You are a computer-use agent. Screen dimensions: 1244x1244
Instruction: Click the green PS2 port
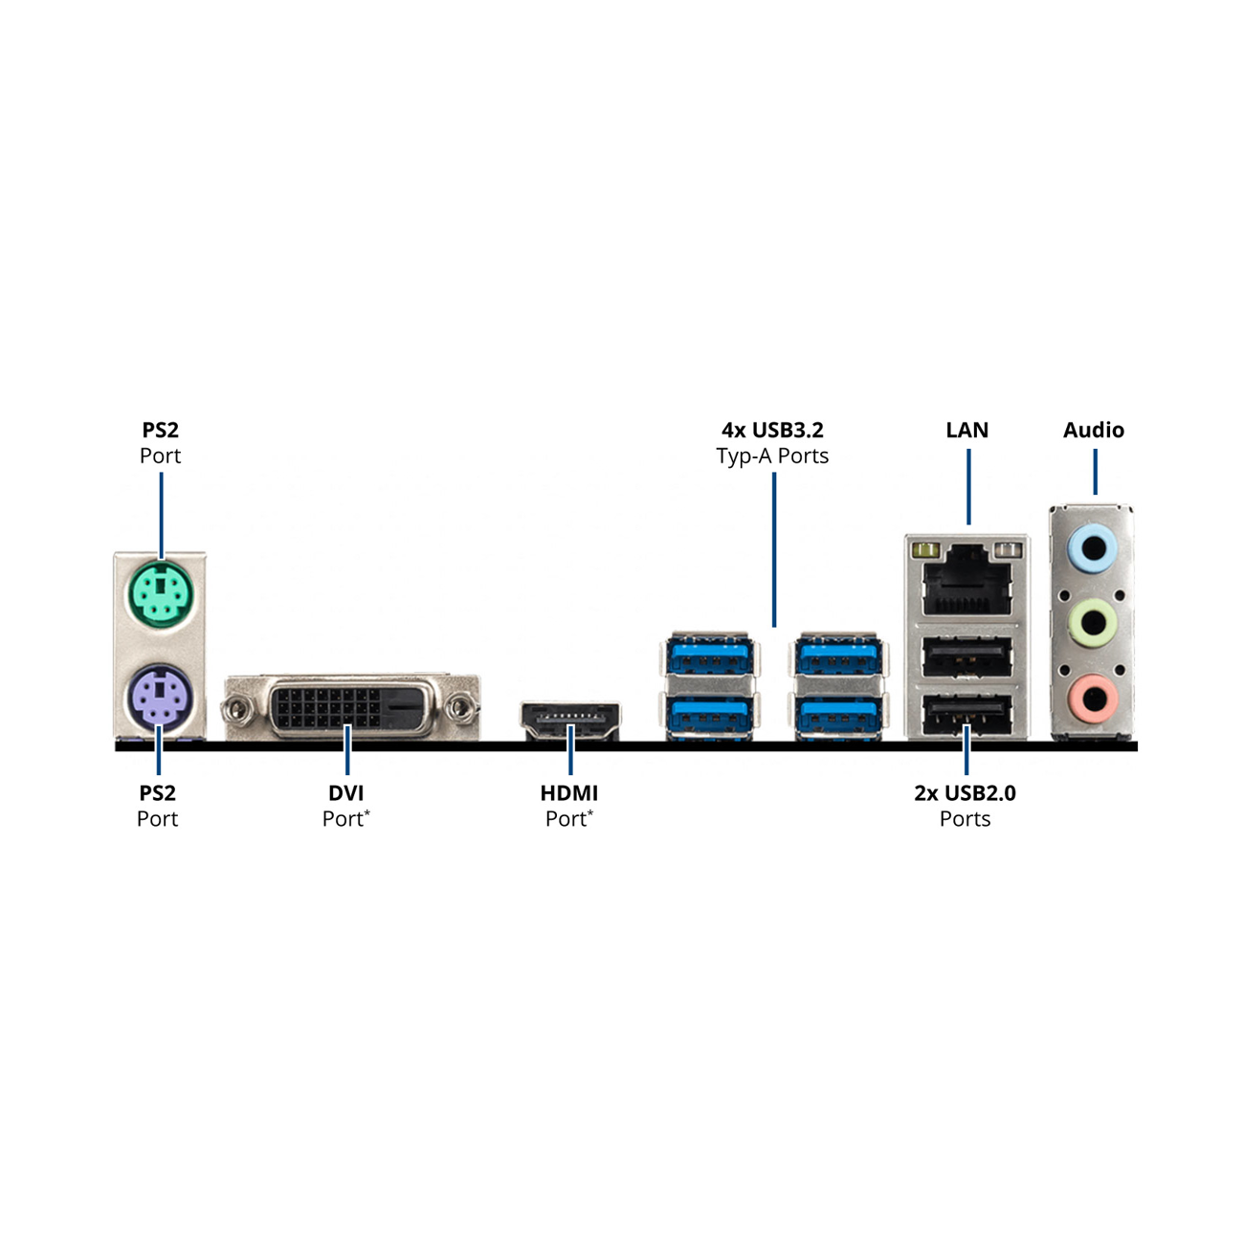pos(161,594)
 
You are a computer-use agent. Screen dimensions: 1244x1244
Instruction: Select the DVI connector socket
pos(352,707)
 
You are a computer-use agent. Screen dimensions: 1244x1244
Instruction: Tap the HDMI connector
pos(570,721)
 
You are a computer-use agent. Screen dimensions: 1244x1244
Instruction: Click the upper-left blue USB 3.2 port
pos(709,655)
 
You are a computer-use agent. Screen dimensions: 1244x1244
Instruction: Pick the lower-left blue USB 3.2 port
pos(709,715)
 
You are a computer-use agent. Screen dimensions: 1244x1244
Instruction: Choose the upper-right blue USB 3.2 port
pos(838,655)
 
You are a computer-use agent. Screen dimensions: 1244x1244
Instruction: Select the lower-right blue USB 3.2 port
pos(838,715)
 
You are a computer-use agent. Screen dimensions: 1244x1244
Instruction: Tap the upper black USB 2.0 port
pos(966,656)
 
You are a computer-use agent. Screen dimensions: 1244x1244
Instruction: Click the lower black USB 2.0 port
pos(966,714)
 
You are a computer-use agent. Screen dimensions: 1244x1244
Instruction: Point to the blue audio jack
pos(1092,548)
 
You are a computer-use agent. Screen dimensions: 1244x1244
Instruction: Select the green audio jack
pos(1092,622)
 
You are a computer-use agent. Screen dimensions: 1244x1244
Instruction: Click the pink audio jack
pos(1092,698)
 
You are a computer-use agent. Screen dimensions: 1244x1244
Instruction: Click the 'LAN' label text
pos(966,430)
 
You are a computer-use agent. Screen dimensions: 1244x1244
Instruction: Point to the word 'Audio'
pos(1093,430)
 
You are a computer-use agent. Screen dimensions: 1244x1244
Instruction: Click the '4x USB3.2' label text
pos(772,430)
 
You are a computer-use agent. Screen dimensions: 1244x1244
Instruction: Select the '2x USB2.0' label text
pos(965,792)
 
